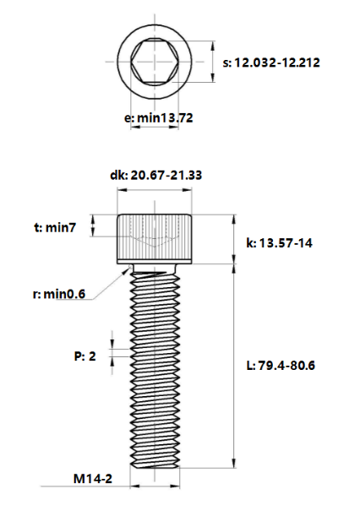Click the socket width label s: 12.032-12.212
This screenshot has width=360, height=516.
point(271,62)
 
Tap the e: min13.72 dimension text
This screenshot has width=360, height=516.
point(158,117)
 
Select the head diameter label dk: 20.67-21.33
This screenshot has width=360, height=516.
point(155,175)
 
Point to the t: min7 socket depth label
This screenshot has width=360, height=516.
point(55,227)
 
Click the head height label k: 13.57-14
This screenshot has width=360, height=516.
point(280,243)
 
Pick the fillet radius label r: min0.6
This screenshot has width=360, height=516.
point(59,294)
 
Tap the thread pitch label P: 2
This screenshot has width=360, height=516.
point(85,356)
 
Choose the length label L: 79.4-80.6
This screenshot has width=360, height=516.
point(281,366)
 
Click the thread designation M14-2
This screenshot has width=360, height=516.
point(93,479)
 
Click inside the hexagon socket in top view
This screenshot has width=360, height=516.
point(155,62)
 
